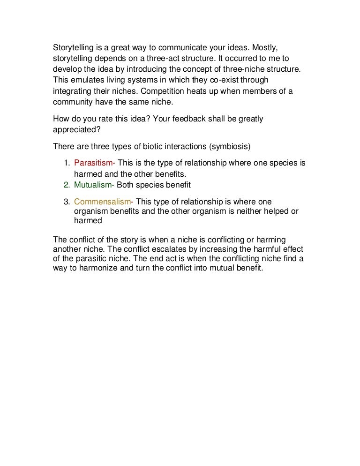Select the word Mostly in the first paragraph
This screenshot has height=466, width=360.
point(266,48)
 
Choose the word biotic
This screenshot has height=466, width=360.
point(147,146)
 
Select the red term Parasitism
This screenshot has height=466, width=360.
point(94,163)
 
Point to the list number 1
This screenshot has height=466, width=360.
point(67,163)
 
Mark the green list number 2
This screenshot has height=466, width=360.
point(67,185)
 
